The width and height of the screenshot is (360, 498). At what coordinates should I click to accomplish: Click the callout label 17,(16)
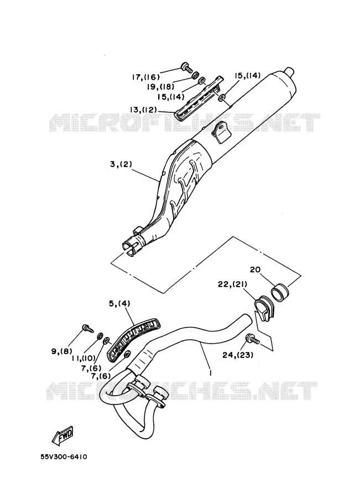tap(146, 77)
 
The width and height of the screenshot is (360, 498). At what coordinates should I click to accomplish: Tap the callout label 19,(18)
tap(160, 87)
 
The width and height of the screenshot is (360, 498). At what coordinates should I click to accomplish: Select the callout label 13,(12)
tap(143, 110)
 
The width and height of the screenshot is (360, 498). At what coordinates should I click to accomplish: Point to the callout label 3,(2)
tap(121, 165)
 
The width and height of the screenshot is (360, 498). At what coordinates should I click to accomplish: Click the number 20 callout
tap(255, 269)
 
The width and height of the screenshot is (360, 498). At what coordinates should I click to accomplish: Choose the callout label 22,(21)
tap(232, 284)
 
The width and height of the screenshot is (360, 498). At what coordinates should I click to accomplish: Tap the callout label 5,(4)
tap(119, 304)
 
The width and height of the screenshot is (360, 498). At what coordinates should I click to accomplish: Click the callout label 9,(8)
tap(61, 351)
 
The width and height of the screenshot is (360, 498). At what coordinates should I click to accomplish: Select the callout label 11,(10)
tap(84, 358)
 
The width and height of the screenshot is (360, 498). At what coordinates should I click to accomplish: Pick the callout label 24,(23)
tap(238, 355)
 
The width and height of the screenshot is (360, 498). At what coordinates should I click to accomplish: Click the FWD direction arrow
tap(62, 435)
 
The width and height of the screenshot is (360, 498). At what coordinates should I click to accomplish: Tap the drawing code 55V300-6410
tap(64, 457)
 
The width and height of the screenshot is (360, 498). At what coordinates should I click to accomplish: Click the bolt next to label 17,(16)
tap(186, 67)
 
